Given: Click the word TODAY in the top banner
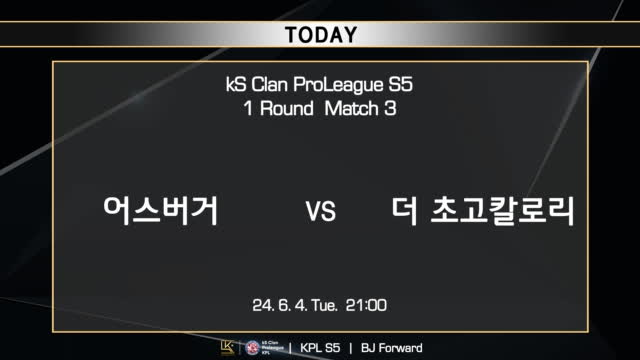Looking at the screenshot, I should click(320, 35).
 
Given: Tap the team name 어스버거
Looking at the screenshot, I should click(162, 211).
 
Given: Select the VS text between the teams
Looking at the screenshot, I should click(319, 213).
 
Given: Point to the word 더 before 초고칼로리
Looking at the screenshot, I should click(405, 211).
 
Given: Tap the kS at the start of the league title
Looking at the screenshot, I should click(237, 87).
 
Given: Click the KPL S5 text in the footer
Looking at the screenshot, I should click(320, 348).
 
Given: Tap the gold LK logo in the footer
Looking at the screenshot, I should click(227, 348).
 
